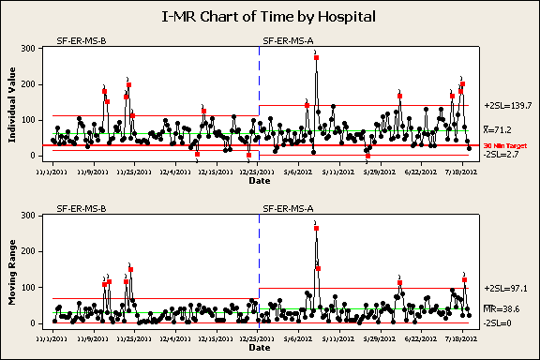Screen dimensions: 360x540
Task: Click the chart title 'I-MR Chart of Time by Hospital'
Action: [x=270, y=16]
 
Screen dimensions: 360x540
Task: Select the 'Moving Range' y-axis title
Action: [x=13, y=274]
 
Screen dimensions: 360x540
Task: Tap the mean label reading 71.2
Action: [x=497, y=130]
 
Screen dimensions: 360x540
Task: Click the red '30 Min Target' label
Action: [x=502, y=146]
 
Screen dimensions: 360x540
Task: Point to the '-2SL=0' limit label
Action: [x=497, y=322]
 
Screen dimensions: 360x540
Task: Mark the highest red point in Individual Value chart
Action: [x=317, y=58]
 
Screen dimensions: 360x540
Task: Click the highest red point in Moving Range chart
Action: [x=317, y=228]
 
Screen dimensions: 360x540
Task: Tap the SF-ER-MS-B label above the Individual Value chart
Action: [x=81, y=41]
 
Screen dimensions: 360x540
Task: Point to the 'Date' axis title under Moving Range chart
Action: [x=260, y=349]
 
